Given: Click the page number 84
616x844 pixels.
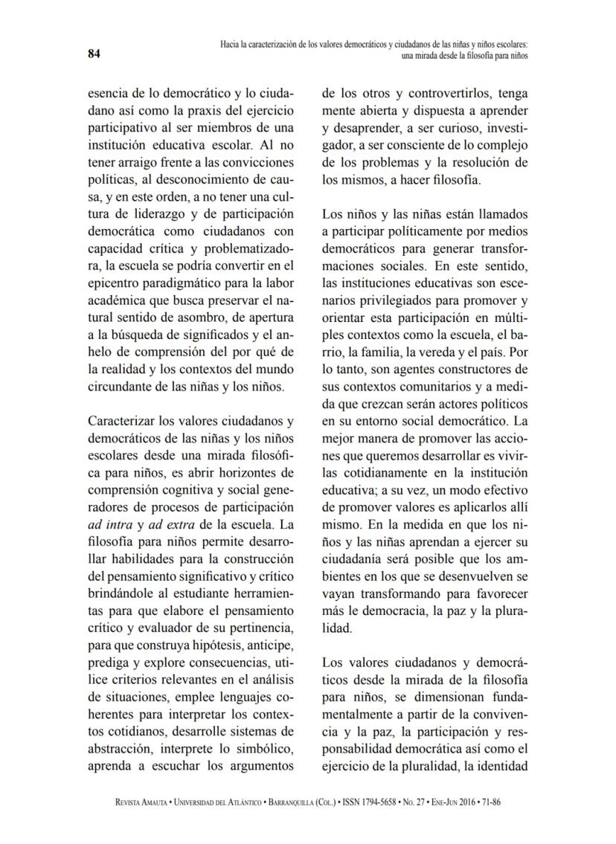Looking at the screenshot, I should (94, 53).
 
